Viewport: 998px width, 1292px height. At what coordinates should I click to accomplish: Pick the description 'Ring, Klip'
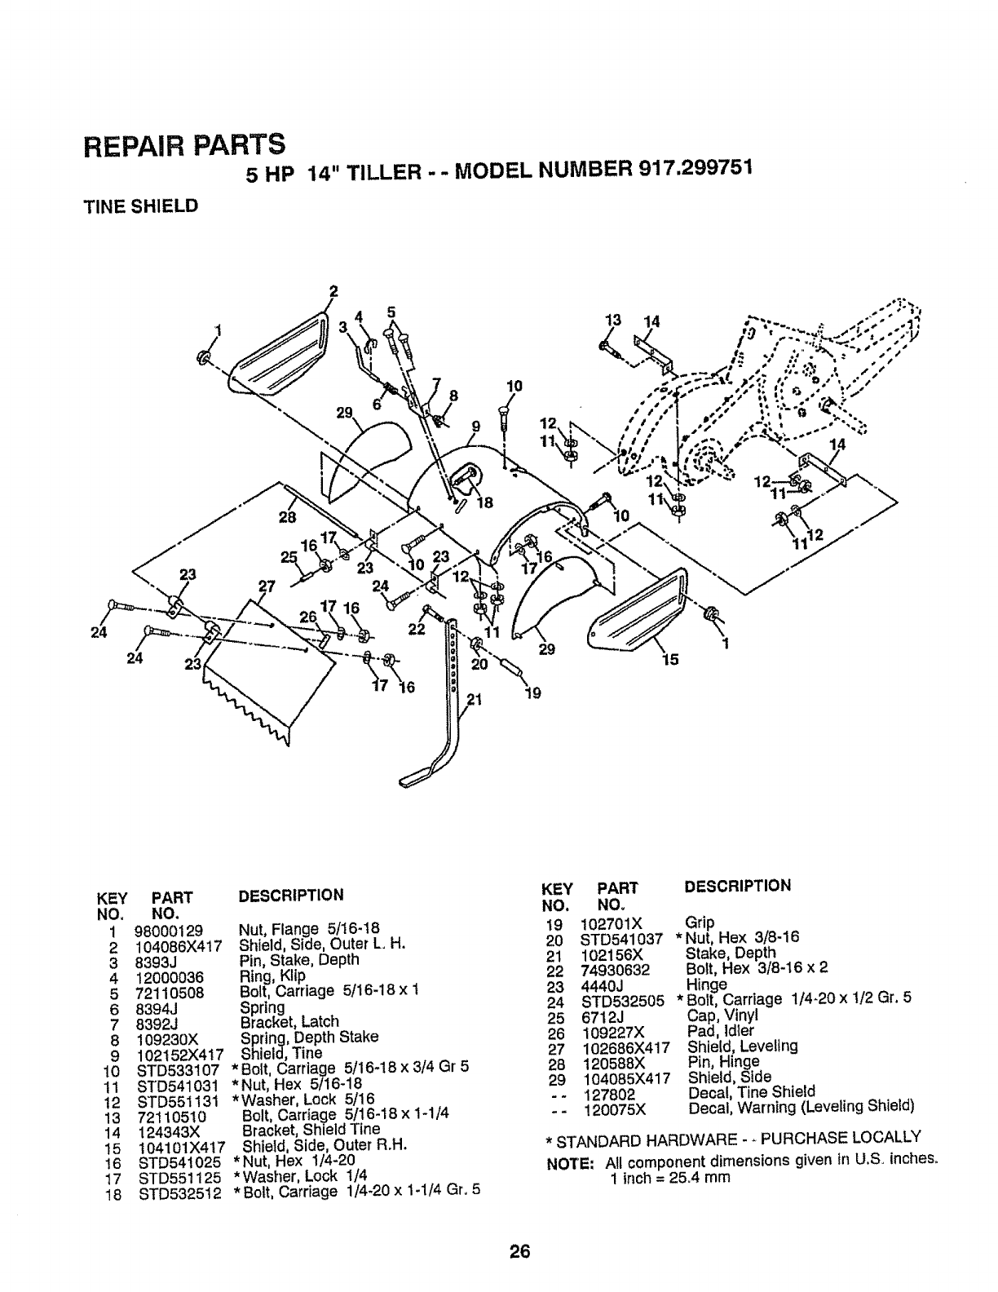point(272,976)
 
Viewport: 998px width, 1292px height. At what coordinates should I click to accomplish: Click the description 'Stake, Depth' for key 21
point(731,953)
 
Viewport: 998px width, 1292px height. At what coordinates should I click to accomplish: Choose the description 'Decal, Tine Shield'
point(752,1092)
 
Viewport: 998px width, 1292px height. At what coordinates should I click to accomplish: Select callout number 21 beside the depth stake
point(475,698)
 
